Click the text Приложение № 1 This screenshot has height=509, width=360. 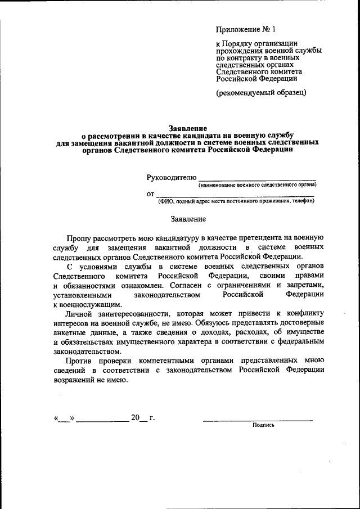tap(246, 29)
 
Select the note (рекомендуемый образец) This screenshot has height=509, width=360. tap(262, 93)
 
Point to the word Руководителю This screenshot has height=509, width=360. tap(172, 177)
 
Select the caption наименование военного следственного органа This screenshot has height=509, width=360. tap(257, 185)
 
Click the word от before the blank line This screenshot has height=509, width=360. tap(150, 194)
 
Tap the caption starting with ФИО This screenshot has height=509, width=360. tap(236, 201)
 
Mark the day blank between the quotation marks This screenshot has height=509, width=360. tap(64, 418)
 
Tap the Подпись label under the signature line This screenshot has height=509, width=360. tap(264, 425)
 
